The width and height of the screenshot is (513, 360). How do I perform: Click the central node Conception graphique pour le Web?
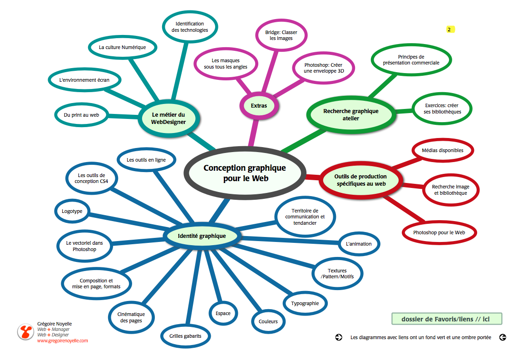pyautogui.click(x=245, y=173)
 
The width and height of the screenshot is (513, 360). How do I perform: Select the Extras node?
pyautogui.click(x=259, y=106)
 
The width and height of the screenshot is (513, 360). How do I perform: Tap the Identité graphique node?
pyautogui.click(x=202, y=236)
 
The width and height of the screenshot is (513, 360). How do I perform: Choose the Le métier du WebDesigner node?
pyautogui.click(x=168, y=118)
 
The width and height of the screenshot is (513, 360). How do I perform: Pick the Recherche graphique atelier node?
pyautogui.click(x=350, y=115)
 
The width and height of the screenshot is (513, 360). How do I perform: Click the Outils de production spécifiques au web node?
pyautogui.click(x=360, y=180)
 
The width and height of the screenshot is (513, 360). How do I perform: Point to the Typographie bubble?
pyautogui.click(x=305, y=303)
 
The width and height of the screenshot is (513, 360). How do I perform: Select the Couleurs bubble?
pyautogui.click(x=268, y=321)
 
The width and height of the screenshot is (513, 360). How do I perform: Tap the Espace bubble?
pyautogui.click(x=223, y=313)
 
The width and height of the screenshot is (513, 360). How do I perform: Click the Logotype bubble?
pyautogui.click(x=72, y=211)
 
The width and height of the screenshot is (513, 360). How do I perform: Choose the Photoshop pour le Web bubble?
pyautogui.click(x=439, y=232)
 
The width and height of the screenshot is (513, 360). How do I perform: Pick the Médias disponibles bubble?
pyautogui.click(x=442, y=150)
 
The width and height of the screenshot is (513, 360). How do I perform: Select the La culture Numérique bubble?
pyautogui.click(x=122, y=47)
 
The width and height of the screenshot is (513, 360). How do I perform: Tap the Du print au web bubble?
pyautogui.click(x=82, y=115)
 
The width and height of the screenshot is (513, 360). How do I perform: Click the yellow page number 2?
pyautogui.click(x=449, y=30)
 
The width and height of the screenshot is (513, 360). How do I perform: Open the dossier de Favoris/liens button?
pyautogui.click(x=445, y=319)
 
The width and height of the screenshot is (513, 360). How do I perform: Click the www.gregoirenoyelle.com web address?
pyautogui.click(x=62, y=340)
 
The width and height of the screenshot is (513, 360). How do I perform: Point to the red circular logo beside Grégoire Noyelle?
pyautogui.click(x=25, y=332)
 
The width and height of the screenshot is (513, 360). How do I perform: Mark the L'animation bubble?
pyautogui.click(x=359, y=244)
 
